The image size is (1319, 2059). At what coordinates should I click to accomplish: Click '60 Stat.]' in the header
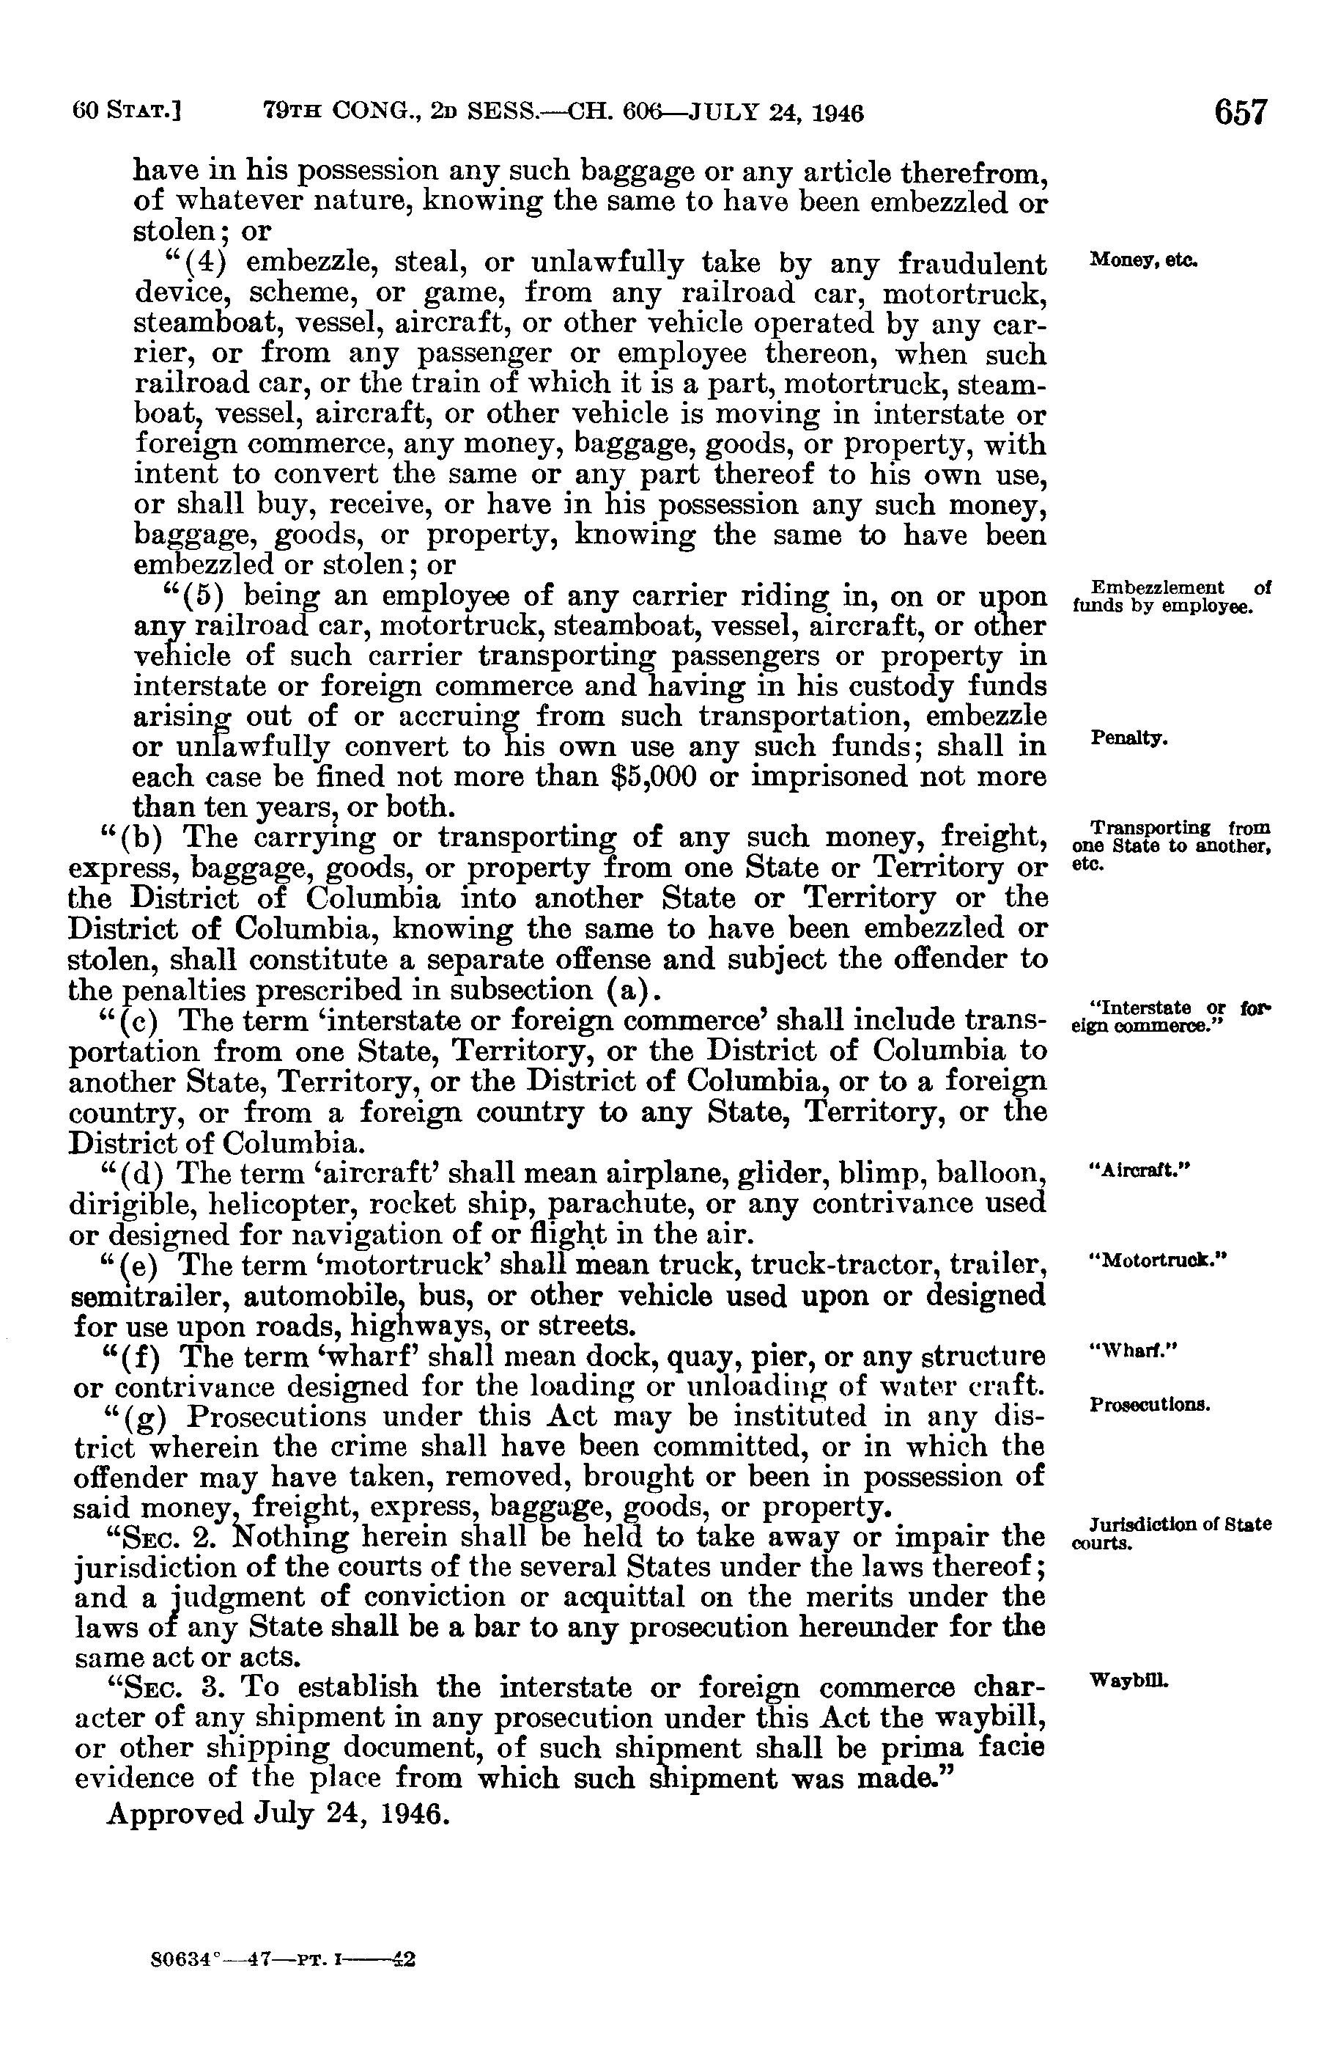tap(130, 112)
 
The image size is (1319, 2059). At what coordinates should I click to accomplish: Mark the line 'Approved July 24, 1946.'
tap(278, 1815)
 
